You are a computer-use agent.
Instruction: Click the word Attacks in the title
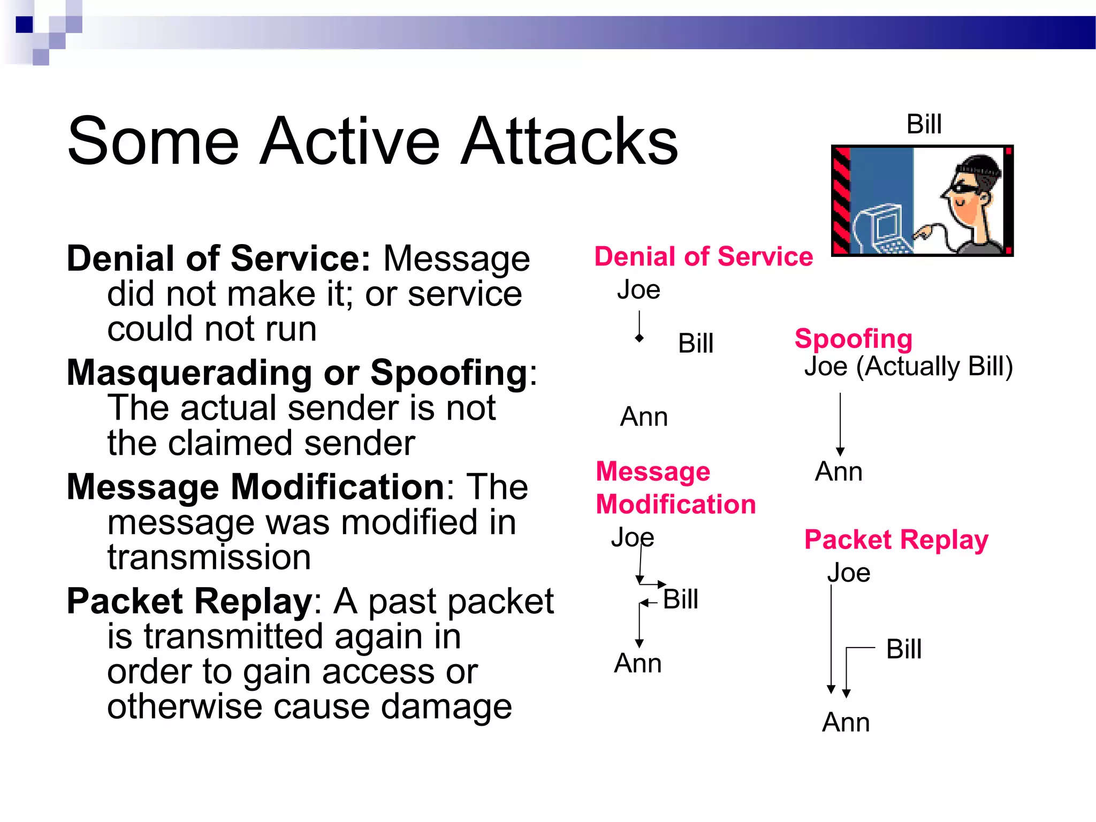click(x=569, y=142)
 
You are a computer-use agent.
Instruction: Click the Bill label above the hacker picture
click(x=924, y=125)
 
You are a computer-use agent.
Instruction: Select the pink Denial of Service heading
click(x=703, y=256)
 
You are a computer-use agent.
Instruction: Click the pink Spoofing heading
click(x=853, y=338)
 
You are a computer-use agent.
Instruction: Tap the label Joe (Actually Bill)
click(x=908, y=367)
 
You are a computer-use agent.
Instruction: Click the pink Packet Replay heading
click(x=896, y=539)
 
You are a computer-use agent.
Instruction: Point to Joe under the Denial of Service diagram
click(x=638, y=290)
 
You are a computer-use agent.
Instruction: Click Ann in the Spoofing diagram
click(x=838, y=472)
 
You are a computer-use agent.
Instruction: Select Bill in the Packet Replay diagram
click(x=903, y=649)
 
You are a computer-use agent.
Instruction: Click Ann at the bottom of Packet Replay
click(x=846, y=722)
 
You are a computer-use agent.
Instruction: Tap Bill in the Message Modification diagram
click(x=680, y=599)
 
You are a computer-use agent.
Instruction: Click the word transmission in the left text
click(x=209, y=558)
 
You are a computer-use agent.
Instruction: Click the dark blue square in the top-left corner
click(x=25, y=25)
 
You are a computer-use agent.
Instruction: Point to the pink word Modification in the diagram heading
click(x=675, y=505)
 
